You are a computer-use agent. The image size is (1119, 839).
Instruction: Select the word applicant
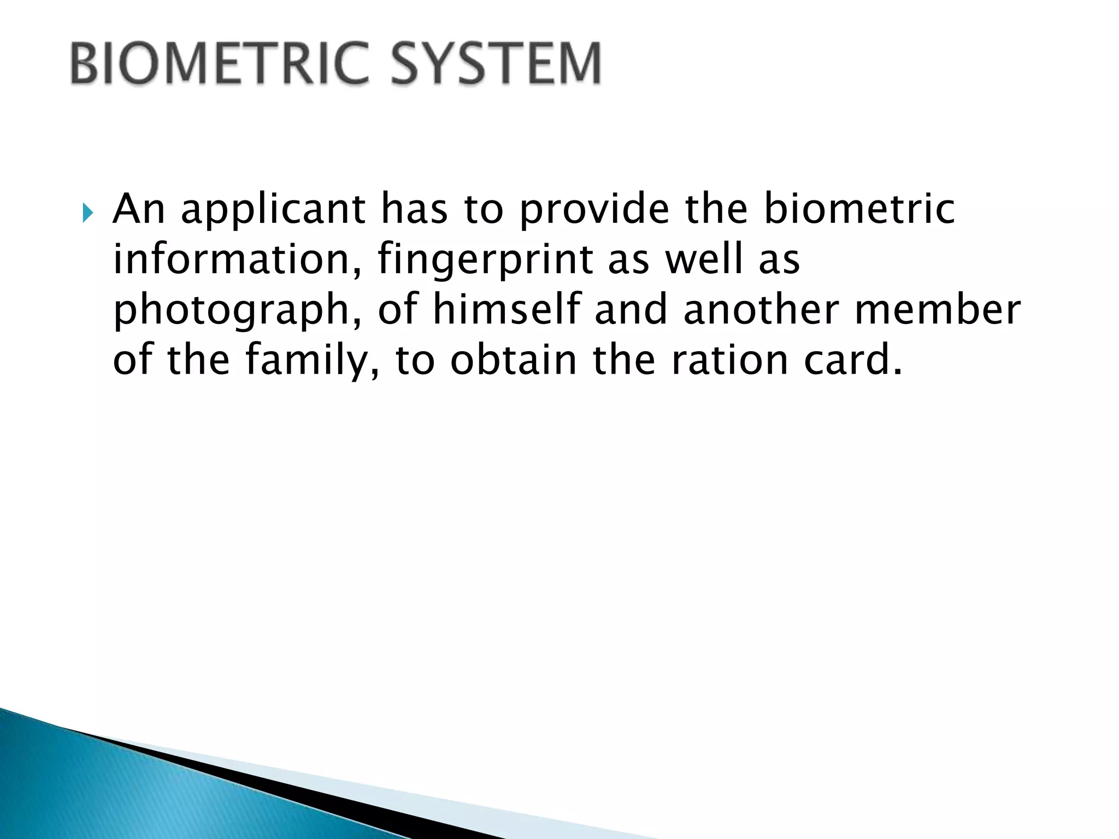click(273, 210)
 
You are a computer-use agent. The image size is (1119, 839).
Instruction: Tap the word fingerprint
click(485, 261)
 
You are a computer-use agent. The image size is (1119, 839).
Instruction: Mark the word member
click(937, 309)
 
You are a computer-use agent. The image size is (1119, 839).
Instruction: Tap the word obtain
click(513, 360)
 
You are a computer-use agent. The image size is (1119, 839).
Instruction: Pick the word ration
click(729, 360)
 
